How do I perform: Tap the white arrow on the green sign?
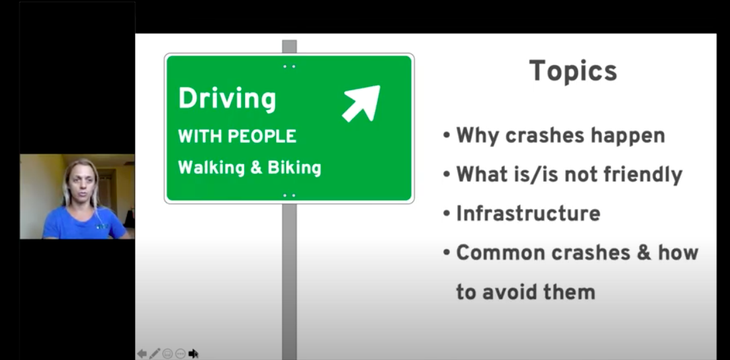coord(361,103)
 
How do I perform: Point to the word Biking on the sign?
coord(295,168)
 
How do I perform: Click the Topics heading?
coord(573,71)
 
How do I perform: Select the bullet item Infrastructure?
coord(528,214)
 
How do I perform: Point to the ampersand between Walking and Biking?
coord(257,167)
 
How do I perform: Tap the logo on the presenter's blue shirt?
coord(103,226)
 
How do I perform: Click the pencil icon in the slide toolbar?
coord(155,353)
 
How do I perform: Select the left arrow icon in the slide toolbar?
coord(142,353)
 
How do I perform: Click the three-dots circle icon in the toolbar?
coord(180,354)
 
